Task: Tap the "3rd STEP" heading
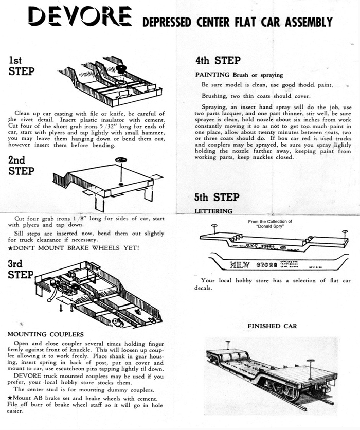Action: click(21, 269)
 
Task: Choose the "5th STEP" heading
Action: click(217, 197)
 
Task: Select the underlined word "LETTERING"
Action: click(213, 211)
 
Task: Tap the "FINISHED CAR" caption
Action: click(272, 326)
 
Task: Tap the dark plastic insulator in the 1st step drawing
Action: click(121, 68)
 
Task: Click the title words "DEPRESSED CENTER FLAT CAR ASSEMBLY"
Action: click(237, 23)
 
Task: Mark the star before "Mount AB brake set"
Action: click(10, 398)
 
